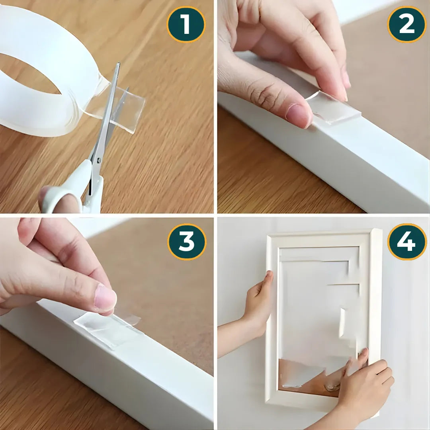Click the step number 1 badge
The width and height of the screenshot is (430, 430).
click(x=186, y=24)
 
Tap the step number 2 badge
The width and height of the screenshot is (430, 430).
click(x=407, y=24)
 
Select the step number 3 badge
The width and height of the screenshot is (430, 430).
click(x=187, y=242)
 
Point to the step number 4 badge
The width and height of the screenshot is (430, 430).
click(x=407, y=242)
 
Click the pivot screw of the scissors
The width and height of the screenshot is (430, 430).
click(x=98, y=160)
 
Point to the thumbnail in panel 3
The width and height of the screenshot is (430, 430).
click(x=106, y=299)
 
